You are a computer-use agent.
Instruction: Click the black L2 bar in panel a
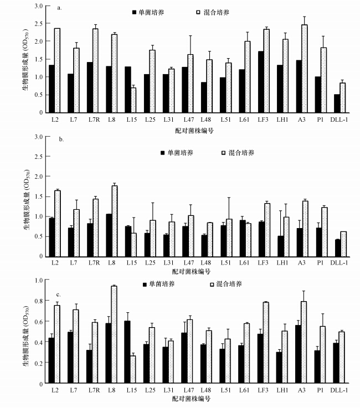(x=52, y=89)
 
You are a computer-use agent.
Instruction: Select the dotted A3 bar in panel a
(x=305, y=68)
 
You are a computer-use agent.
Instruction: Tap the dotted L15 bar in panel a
(x=133, y=100)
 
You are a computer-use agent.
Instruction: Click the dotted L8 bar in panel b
(x=114, y=221)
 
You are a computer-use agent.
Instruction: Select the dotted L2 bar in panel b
(x=58, y=223)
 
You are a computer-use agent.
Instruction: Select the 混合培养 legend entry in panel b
(x=239, y=152)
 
